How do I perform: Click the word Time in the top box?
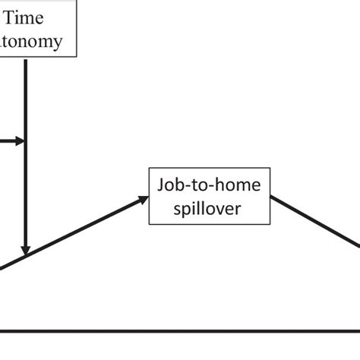tap(28, 17)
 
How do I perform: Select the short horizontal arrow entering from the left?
tap(9, 141)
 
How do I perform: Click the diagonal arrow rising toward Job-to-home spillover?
tap(76, 232)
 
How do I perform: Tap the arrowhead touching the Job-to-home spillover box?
tap(144, 199)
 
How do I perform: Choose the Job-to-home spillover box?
tap(209, 196)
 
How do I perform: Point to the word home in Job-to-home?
tap(239, 186)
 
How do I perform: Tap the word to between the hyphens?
tap(201, 186)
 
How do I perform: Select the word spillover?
tap(209, 207)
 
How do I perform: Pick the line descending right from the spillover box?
tap(315, 220)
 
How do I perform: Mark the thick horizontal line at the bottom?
tap(180, 331)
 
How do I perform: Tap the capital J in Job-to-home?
tap(161, 186)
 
